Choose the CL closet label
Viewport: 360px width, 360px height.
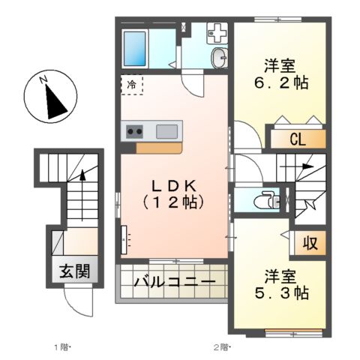[298, 139]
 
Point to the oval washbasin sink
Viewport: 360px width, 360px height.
[219, 58]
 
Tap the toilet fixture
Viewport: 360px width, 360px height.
[262, 201]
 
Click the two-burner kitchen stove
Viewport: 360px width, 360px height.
[135, 132]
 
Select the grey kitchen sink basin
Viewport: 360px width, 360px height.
[167, 132]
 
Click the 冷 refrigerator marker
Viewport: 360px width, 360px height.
[130, 85]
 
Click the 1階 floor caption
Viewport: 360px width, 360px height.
[61, 346]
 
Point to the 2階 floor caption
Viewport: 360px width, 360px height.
[221, 346]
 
